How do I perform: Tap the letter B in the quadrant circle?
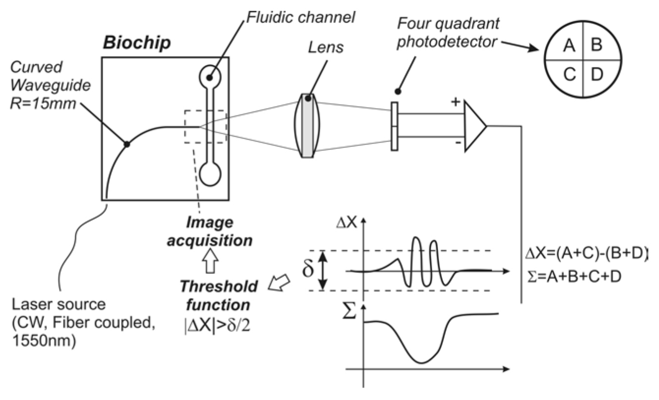click(x=597, y=45)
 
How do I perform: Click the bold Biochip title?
click(x=137, y=43)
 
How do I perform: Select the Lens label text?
click(x=326, y=48)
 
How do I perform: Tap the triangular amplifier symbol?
click(x=474, y=126)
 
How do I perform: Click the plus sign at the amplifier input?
click(x=455, y=102)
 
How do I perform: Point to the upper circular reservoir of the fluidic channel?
click(x=210, y=76)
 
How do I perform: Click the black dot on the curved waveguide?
click(x=127, y=144)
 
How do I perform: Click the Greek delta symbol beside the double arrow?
click(x=308, y=269)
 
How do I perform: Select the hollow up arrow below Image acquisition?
click(x=210, y=261)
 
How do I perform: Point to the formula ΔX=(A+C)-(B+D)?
click(x=586, y=254)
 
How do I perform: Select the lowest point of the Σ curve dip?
click(x=421, y=363)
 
